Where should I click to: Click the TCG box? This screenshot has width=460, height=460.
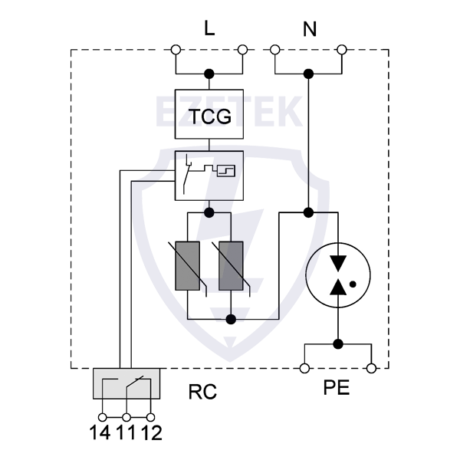click(209, 117)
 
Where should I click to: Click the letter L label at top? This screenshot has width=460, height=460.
click(209, 29)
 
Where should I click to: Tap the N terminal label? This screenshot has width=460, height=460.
click(310, 30)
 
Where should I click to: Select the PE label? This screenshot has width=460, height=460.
click(337, 388)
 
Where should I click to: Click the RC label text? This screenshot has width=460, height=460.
click(202, 393)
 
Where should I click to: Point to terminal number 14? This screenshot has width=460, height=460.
click(100, 432)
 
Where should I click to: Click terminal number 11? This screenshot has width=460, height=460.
click(126, 432)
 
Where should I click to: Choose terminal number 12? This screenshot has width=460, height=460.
click(151, 432)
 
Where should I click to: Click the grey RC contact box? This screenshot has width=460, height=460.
click(127, 383)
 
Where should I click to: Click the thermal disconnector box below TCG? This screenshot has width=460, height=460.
click(209, 175)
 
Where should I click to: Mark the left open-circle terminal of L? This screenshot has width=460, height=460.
click(176, 50)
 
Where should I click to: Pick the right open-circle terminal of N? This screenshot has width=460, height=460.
click(342, 50)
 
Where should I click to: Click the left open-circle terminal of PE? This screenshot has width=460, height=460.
click(304, 369)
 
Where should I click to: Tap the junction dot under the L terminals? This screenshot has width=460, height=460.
click(209, 74)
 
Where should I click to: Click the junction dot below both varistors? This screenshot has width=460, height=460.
click(231, 318)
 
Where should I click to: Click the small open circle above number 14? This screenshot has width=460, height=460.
click(101, 416)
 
